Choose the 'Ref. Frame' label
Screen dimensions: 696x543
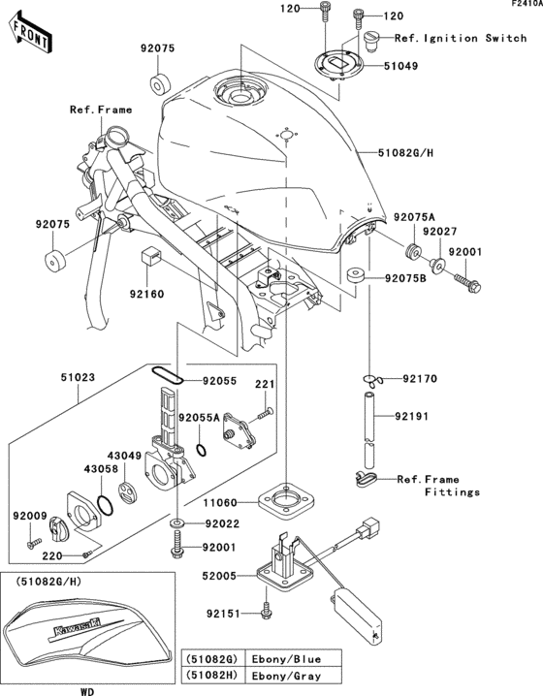100,111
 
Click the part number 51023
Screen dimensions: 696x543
50,377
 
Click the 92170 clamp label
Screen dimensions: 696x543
422,380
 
